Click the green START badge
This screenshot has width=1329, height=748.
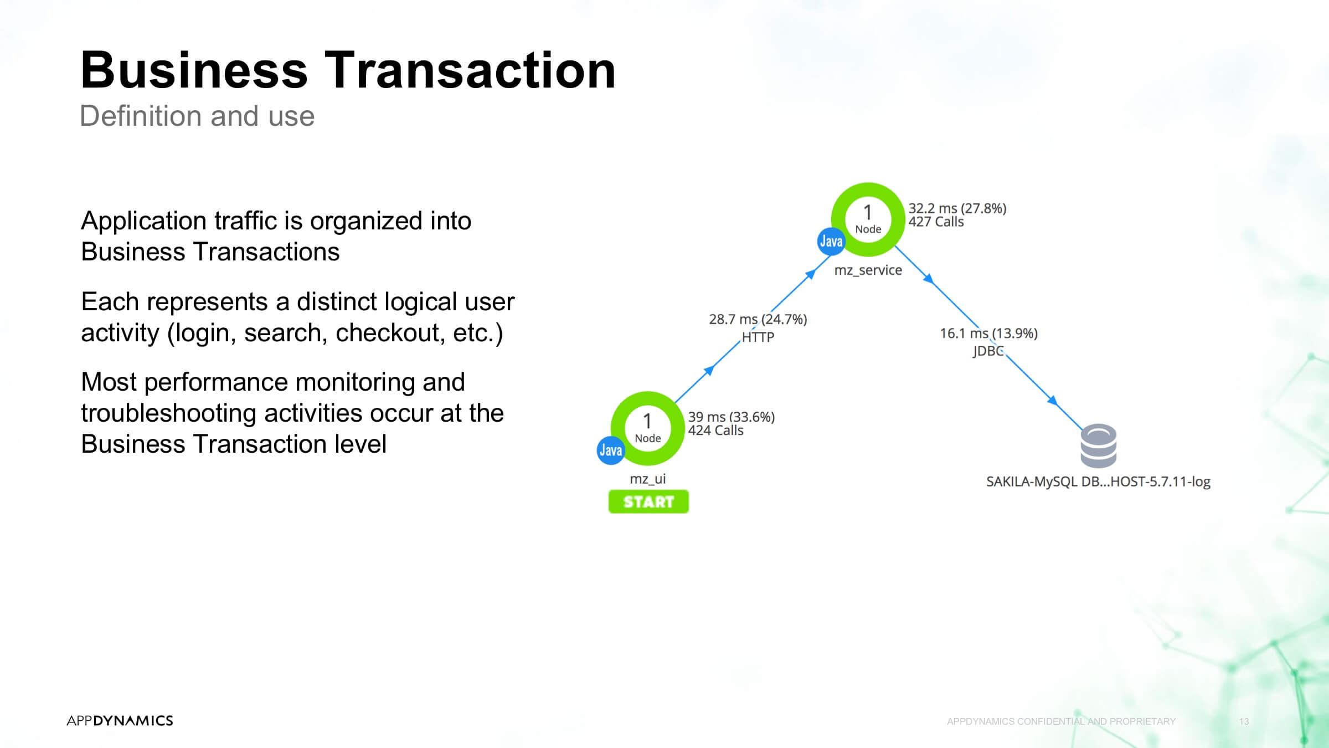(x=648, y=501)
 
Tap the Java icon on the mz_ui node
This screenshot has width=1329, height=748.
(x=611, y=450)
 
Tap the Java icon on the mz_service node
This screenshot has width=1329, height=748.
(x=831, y=242)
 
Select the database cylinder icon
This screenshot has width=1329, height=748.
(x=1099, y=446)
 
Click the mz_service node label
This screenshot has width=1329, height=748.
(x=868, y=270)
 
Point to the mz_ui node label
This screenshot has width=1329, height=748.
(x=648, y=479)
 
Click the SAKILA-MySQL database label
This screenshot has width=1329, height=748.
(x=1099, y=481)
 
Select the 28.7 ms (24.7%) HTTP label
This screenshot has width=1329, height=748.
(x=758, y=327)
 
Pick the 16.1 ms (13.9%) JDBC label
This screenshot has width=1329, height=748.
(x=988, y=342)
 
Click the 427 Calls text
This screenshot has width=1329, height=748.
(x=936, y=222)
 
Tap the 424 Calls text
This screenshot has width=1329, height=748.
(x=715, y=431)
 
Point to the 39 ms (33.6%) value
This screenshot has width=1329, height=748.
(x=732, y=417)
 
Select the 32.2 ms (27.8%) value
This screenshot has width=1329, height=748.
(x=957, y=208)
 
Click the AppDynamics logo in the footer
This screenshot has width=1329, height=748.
(x=120, y=720)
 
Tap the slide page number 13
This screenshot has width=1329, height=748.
(x=1244, y=721)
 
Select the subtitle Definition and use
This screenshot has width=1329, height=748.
(x=197, y=116)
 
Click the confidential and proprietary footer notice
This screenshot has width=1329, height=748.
(x=1061, y=721)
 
